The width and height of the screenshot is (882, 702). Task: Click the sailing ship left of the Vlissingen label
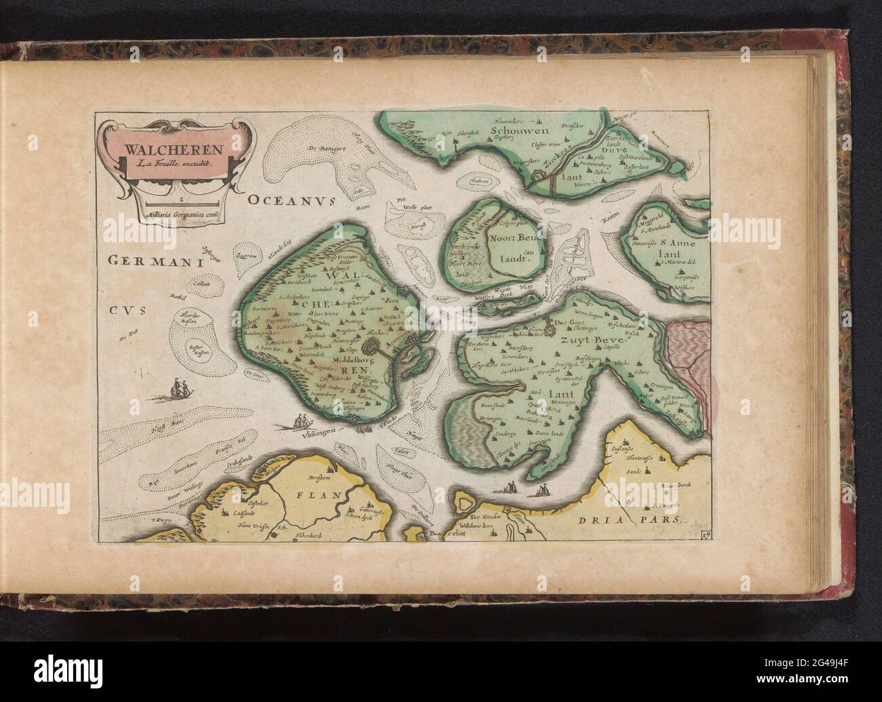coord(302,422)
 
